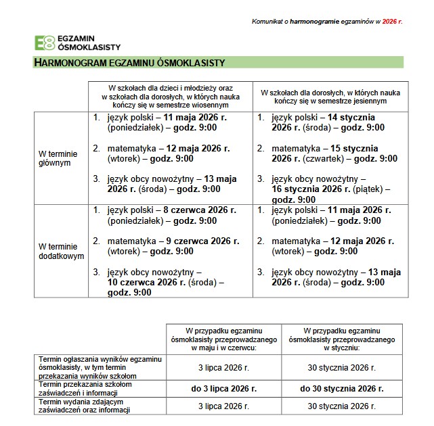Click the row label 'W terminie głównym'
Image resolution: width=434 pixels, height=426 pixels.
[58, 158]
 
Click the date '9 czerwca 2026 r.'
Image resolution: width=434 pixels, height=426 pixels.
[203, 241]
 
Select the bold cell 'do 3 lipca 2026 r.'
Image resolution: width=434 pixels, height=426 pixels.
[224, 388]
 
